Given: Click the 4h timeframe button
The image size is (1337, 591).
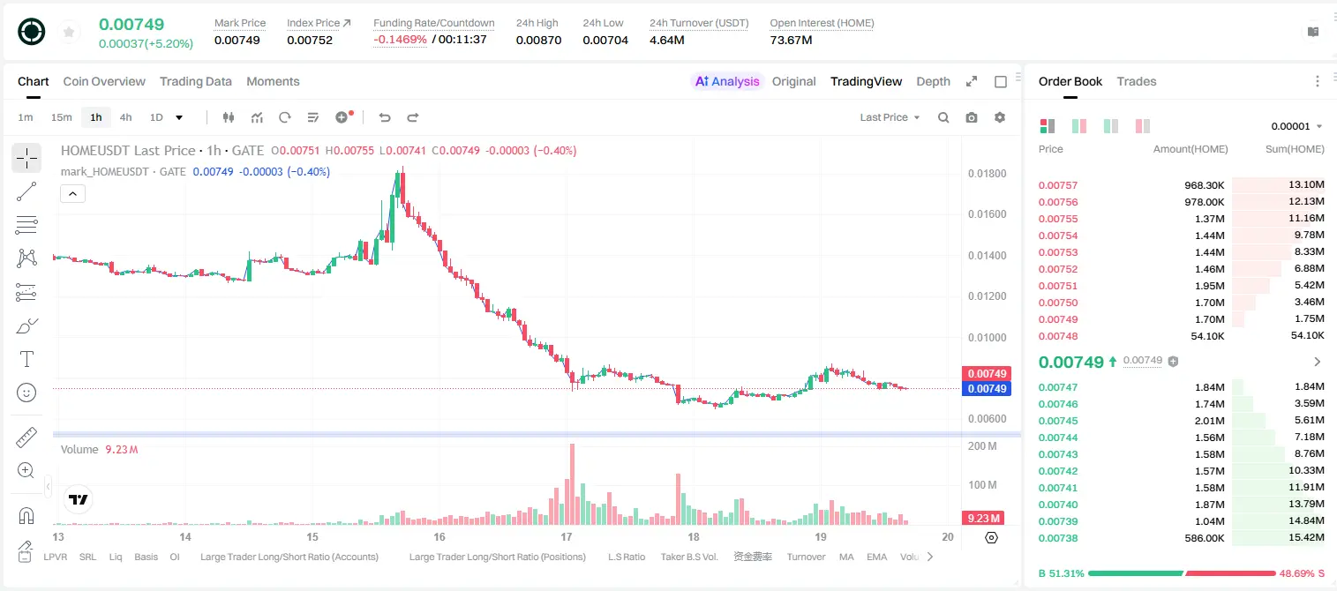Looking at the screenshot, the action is tap(125, 117).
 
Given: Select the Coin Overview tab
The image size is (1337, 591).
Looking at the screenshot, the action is tap(104, 81).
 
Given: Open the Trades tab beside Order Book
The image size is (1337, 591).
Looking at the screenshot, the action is tap(1137, 81).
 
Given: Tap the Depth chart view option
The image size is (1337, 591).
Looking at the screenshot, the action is tap(933, 81).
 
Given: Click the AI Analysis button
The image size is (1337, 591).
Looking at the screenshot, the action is tap(727, 81).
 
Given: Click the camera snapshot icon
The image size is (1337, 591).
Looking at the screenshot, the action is tap(972, 117).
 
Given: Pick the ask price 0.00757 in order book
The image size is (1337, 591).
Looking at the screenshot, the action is tap(1057, 185).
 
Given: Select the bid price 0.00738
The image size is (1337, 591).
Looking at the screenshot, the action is tap(1057, 538).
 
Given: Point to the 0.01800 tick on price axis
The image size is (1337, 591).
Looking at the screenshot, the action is tap(988, 174).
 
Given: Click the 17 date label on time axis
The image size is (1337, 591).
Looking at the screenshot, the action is tap(566, 536).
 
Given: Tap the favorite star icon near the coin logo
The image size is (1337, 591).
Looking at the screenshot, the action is tap(69, 32).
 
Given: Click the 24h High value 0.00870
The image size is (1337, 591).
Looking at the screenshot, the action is tap(538, 40).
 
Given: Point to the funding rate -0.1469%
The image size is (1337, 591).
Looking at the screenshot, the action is tap(400, 40).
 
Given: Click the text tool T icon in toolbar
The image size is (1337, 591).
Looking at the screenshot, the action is tap(26, 359).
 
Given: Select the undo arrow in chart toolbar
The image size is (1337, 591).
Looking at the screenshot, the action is tap(385, 117).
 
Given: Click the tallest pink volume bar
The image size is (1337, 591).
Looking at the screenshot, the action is tap(572, 484).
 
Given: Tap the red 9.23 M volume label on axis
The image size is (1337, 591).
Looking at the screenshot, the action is tap(983, 519).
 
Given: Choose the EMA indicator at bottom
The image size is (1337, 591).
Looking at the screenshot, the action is tap(876, 557).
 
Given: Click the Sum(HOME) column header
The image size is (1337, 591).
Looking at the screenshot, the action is tap(1295, 149).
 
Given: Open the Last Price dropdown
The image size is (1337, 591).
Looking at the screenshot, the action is tap(890, 117).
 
